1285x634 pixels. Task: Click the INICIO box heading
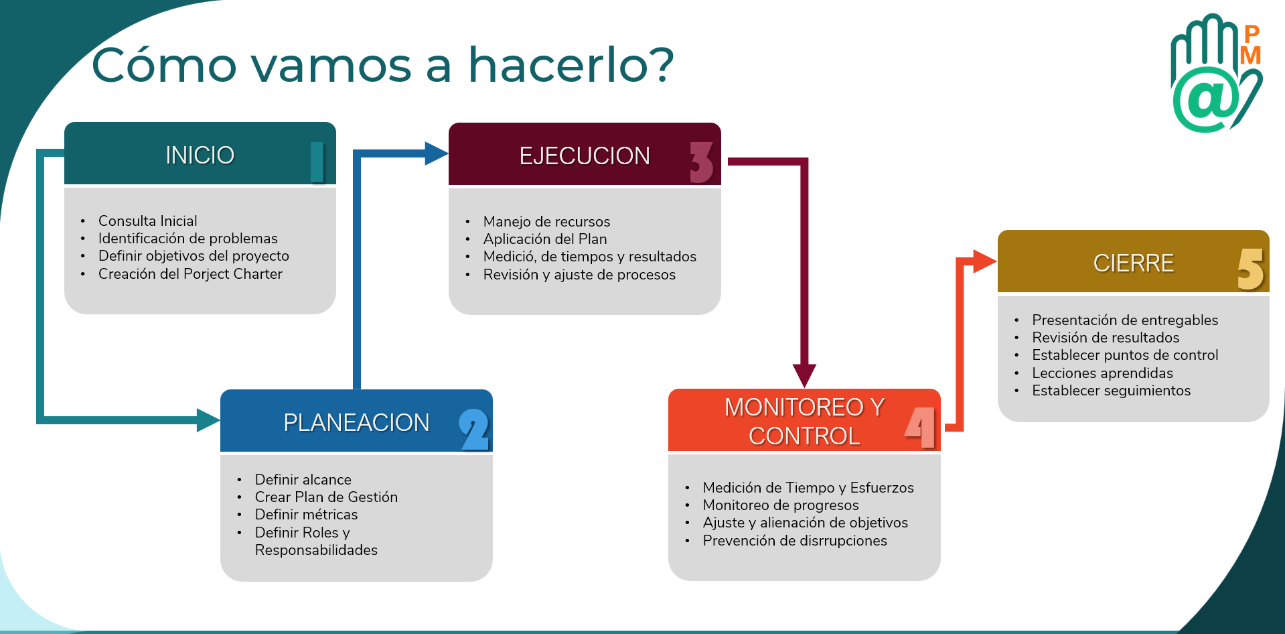click(200, 155)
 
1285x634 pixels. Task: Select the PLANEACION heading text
click(356, 423)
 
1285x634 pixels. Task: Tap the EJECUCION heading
click(585, 156)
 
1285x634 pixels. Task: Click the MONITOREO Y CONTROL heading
click(804, 422)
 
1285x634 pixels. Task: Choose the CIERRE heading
click(1133, 263)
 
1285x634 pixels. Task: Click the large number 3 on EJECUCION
click(701, 162)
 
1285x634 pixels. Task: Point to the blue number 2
click(474, 430)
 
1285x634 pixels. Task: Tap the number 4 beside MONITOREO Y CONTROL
click(921, 427)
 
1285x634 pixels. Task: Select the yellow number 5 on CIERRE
click(1250, 269)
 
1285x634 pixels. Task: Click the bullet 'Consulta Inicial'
click(147, 221)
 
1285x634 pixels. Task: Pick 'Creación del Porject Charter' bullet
click(190, 274)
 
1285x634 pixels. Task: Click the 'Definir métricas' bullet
click(306, 515)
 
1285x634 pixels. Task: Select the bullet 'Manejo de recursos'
click(546, 222)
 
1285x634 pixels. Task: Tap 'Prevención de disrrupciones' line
click(794, 541)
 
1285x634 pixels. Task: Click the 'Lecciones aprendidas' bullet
click(1102, 373)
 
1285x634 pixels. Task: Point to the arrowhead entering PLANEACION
click(208, 420)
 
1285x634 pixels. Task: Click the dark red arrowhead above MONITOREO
click(804, 375)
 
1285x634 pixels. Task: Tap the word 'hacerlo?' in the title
click(571, 65)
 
